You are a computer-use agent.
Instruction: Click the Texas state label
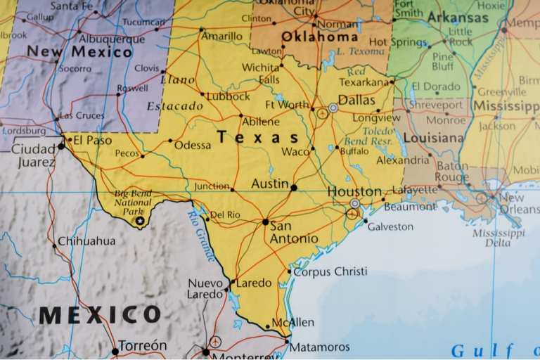(x=257, y=137)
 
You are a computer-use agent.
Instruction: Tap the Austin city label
(x=270, y=184)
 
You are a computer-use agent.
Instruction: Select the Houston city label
(x=354, y=191)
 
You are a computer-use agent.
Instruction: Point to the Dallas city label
(x=356, y=100)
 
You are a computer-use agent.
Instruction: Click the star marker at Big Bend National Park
(x=139, y=221)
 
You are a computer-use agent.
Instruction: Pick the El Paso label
(x=92, y=140)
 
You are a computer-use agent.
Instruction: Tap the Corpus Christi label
(x=330, y=271)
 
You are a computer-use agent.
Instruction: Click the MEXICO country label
(x=100, y=314)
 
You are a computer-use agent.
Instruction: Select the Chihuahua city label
(x=86, y=241)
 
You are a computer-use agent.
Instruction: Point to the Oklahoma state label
(x=319, y=37)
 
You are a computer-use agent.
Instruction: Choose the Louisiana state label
(x=432, y=138)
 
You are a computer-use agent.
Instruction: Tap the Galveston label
(x=390, y=226)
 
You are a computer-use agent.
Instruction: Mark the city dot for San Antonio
(x=265, y=221)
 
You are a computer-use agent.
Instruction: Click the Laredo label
(x=253, y=283)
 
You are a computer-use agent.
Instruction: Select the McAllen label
(x=292, y=322)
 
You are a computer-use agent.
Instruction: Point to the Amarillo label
(x=223, y=36)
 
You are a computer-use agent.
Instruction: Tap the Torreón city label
(x=143, y=346)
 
